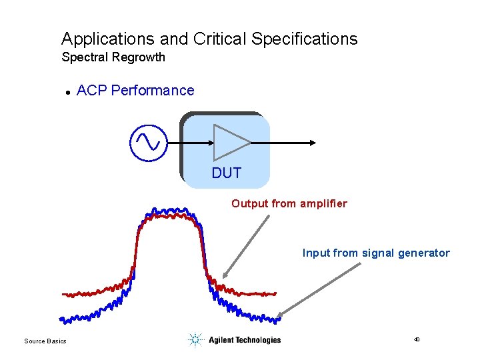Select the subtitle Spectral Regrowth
pos(113,57)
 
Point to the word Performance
pos(153,91)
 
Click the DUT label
pos(226,173)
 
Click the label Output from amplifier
pos(289,203)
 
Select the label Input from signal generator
pos(376,253)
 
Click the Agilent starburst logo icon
pos(195,340)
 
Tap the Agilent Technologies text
pos(245,340)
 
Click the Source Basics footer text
pos(45,341)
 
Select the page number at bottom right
pos(417,340)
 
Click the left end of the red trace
pos(64,294)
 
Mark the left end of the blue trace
pos(62,319)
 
